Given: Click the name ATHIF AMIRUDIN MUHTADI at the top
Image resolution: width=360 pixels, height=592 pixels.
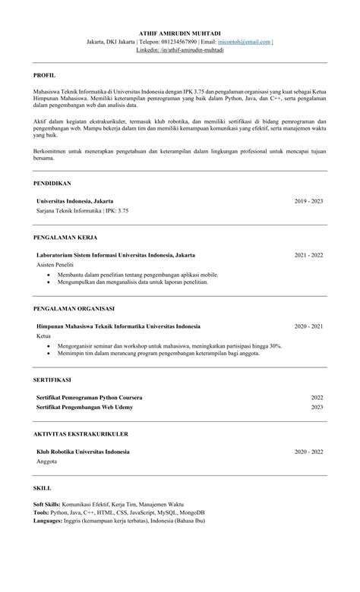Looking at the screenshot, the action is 180,33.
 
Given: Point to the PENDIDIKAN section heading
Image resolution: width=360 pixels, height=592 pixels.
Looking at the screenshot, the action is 52,184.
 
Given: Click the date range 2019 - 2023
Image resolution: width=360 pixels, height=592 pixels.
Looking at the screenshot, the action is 308,201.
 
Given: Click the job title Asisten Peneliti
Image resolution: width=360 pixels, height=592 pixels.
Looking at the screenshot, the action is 55,265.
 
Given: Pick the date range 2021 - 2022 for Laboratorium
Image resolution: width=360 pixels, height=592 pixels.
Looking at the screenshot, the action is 308,255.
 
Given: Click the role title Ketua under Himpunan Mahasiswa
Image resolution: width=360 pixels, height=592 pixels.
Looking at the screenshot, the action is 44,335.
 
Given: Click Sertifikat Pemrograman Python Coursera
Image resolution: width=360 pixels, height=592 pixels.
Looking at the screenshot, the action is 90,398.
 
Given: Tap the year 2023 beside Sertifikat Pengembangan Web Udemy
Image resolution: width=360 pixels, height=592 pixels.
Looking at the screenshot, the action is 317,407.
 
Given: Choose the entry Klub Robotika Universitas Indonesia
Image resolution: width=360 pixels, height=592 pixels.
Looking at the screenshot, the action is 83,452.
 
